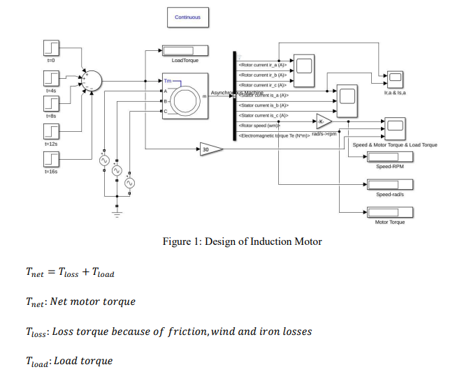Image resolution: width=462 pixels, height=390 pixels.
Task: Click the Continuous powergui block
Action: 187,17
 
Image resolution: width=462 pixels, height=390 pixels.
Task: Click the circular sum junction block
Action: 92,80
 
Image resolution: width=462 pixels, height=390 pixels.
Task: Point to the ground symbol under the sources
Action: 117,211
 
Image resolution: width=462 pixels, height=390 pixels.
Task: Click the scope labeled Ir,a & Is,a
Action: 395,77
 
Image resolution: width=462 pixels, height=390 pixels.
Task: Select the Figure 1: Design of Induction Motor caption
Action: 241,241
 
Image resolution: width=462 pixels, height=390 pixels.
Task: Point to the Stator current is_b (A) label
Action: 264,105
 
